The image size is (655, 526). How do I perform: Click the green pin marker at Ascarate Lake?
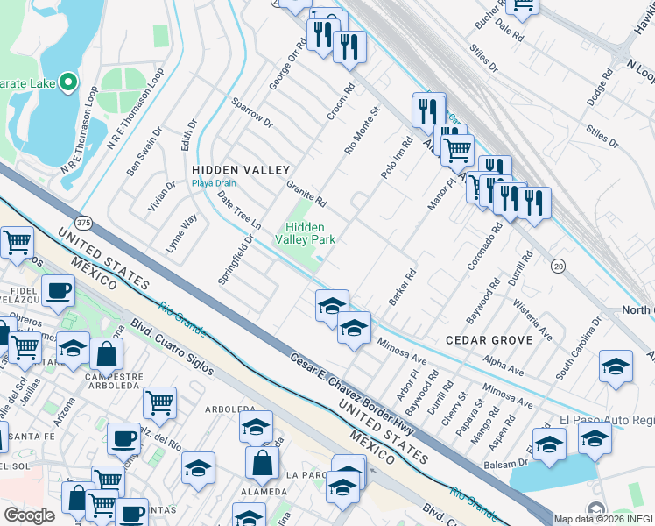pyautogui.click(x=68, y=84)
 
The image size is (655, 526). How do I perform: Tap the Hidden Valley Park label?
pyautogui.click(x=306, y=232)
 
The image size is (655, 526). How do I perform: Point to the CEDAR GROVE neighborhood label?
pyautogui.click(x=489, y=339)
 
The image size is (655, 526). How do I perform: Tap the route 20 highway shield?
pyautogui.click(x=557, y=265)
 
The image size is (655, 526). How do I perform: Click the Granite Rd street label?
pyautogui.click(x=306, y=194)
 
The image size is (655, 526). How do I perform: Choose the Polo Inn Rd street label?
pyautogui.click(x=396, y=158)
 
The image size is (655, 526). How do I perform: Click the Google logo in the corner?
pyautogui.click(x=29, y=515)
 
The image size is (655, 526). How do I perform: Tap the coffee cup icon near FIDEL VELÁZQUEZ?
pyautogui.click(x=59, y=290)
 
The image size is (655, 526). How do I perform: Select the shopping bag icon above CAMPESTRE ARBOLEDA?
pyautogui.click(x=106, y=354)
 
